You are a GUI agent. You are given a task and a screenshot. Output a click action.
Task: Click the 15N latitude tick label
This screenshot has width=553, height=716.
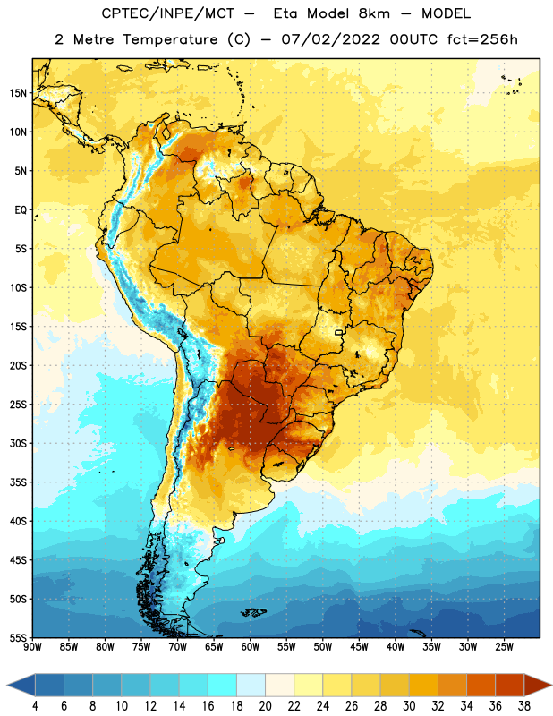pyautogui.click(x=18, y=93)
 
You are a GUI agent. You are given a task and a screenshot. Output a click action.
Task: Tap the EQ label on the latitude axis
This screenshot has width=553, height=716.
pyautogui.click(x=21, y=210)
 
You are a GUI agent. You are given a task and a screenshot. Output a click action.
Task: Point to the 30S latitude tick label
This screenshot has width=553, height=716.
pyautogui.click(x=18, y=443)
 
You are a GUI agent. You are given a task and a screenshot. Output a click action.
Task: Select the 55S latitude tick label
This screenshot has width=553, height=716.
pyautogui.click(x=18, y=637)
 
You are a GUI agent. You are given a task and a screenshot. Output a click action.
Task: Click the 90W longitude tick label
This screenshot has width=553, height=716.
pyautogui.click(x=32, y=647)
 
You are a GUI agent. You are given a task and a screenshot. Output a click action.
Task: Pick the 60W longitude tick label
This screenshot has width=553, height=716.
pyautogui.click(x=251, y=647)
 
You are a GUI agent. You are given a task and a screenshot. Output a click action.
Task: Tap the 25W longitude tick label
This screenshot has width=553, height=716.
pyautogui.click(x=504, y=647)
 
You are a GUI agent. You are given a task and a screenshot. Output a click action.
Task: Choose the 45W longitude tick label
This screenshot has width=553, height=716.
pyautogui.click(x=359, y=647)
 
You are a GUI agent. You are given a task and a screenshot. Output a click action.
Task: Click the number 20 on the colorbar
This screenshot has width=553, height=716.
pyautogui.click(x=265, y=706)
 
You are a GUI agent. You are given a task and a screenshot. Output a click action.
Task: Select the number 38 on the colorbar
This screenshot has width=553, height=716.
pyautogui.click(x=523, y=706)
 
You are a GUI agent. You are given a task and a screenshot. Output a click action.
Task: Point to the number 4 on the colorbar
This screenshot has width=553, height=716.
pyautogui.click(x=35, y=706)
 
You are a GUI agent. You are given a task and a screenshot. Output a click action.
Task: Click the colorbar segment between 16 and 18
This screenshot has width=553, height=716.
pyautogui.click(x=223, y=685)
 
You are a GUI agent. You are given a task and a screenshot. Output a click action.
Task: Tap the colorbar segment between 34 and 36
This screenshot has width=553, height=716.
pyautogui.click(x=481, y=685)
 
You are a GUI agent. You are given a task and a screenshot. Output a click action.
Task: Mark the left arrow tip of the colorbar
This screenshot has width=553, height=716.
pyautogui.click(x=7, y=685)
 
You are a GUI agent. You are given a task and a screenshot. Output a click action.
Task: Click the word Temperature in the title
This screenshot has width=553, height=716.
pyautogui.click(x=170, y=39)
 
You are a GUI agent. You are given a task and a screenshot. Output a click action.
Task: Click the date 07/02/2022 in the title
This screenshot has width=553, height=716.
pyautogui.click(x=330, y=39)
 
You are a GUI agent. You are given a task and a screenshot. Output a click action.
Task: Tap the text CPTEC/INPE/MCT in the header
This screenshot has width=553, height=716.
pyautogui.click(x=167, y=13)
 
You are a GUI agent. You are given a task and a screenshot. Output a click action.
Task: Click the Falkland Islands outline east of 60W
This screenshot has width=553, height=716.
pyautogui.click(x=253, y=612)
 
